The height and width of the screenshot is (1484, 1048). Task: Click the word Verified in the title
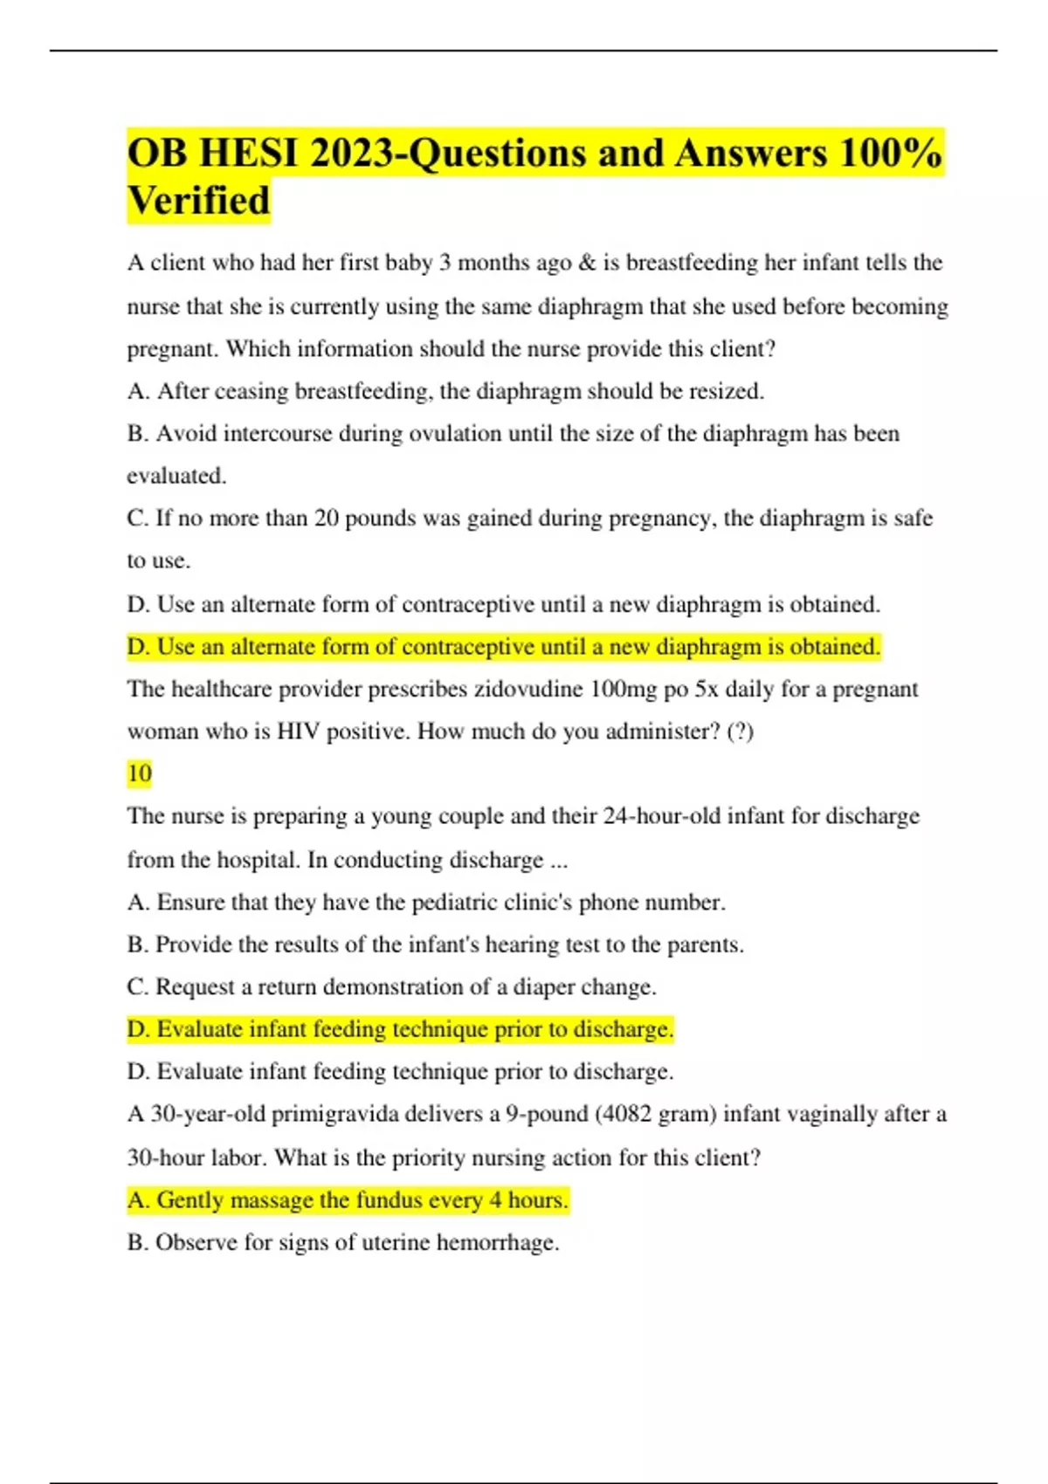coord(199,201)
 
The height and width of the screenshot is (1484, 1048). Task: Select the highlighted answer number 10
coord(140,773)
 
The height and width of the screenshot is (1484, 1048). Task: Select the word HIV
coord(299,732)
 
